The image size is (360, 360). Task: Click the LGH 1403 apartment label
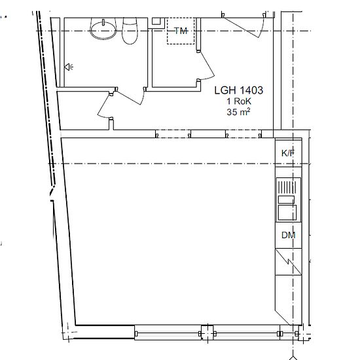point(238,90)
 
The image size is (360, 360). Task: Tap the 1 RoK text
point(239,101)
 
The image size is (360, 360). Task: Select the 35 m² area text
point(238,112)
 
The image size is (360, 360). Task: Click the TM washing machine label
point(181,31)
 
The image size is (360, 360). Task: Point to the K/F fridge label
point(288,153)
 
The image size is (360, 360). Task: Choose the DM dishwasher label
point(289,235)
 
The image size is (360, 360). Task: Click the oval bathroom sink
point(103,29)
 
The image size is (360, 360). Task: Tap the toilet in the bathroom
point(130,31)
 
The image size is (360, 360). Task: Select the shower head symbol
point(69,67)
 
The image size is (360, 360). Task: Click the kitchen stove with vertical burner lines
point(287,187)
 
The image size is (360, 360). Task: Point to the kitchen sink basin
point(287,213)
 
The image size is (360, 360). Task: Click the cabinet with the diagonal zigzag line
point(289,262)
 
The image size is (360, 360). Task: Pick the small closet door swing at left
point(104,106)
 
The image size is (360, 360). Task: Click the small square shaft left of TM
point(156,21)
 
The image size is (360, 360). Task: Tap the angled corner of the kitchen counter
point(283,317)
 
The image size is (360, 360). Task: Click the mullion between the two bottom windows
point(207,333)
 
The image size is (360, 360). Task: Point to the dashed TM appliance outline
point(181,31)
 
